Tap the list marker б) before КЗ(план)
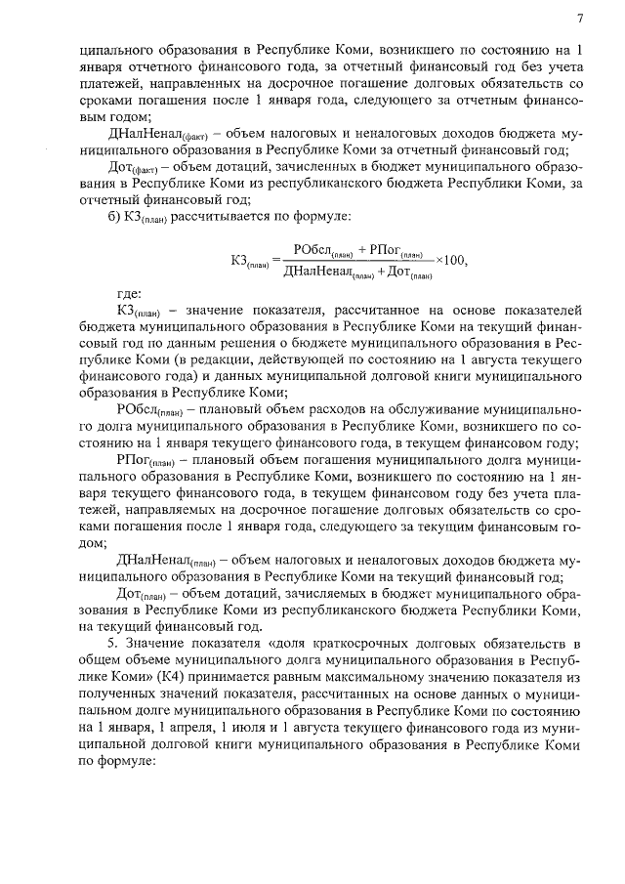113,215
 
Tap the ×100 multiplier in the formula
452,260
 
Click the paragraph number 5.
112,644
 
